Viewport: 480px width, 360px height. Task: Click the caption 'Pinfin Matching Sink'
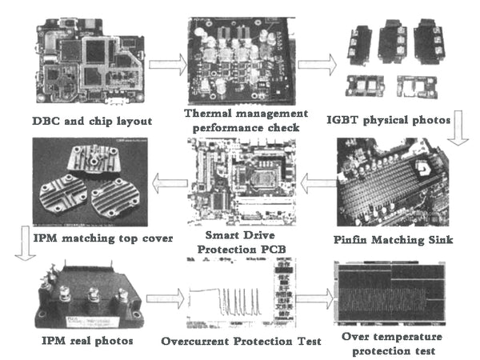pyautogui.click(x=398, y=239)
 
